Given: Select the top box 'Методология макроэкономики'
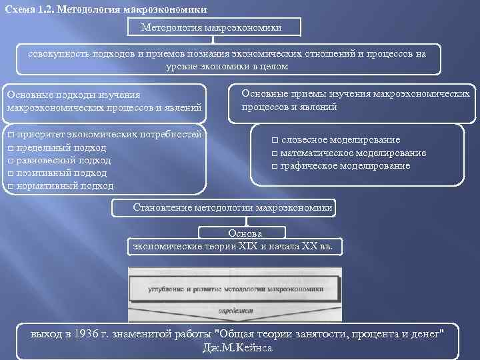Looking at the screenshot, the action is pyautogui.click(x=211, y=27).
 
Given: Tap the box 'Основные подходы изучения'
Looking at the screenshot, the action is pyautogui.click(x=103, y=102).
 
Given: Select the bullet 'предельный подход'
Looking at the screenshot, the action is pyautogui.click(x=61, y=147).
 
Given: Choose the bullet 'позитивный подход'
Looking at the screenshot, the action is pyautogui.click(x=61, y=173).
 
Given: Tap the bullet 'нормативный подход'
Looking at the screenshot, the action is pyautogui.click(x=65, y=186).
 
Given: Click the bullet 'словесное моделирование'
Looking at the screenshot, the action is pyautogui.click(x=340, y=140).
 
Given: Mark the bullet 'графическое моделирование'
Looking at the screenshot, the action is pyautogui.click(x=345, y=165).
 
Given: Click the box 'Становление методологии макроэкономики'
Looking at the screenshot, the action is pyautogui.click(x=233, y=207).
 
